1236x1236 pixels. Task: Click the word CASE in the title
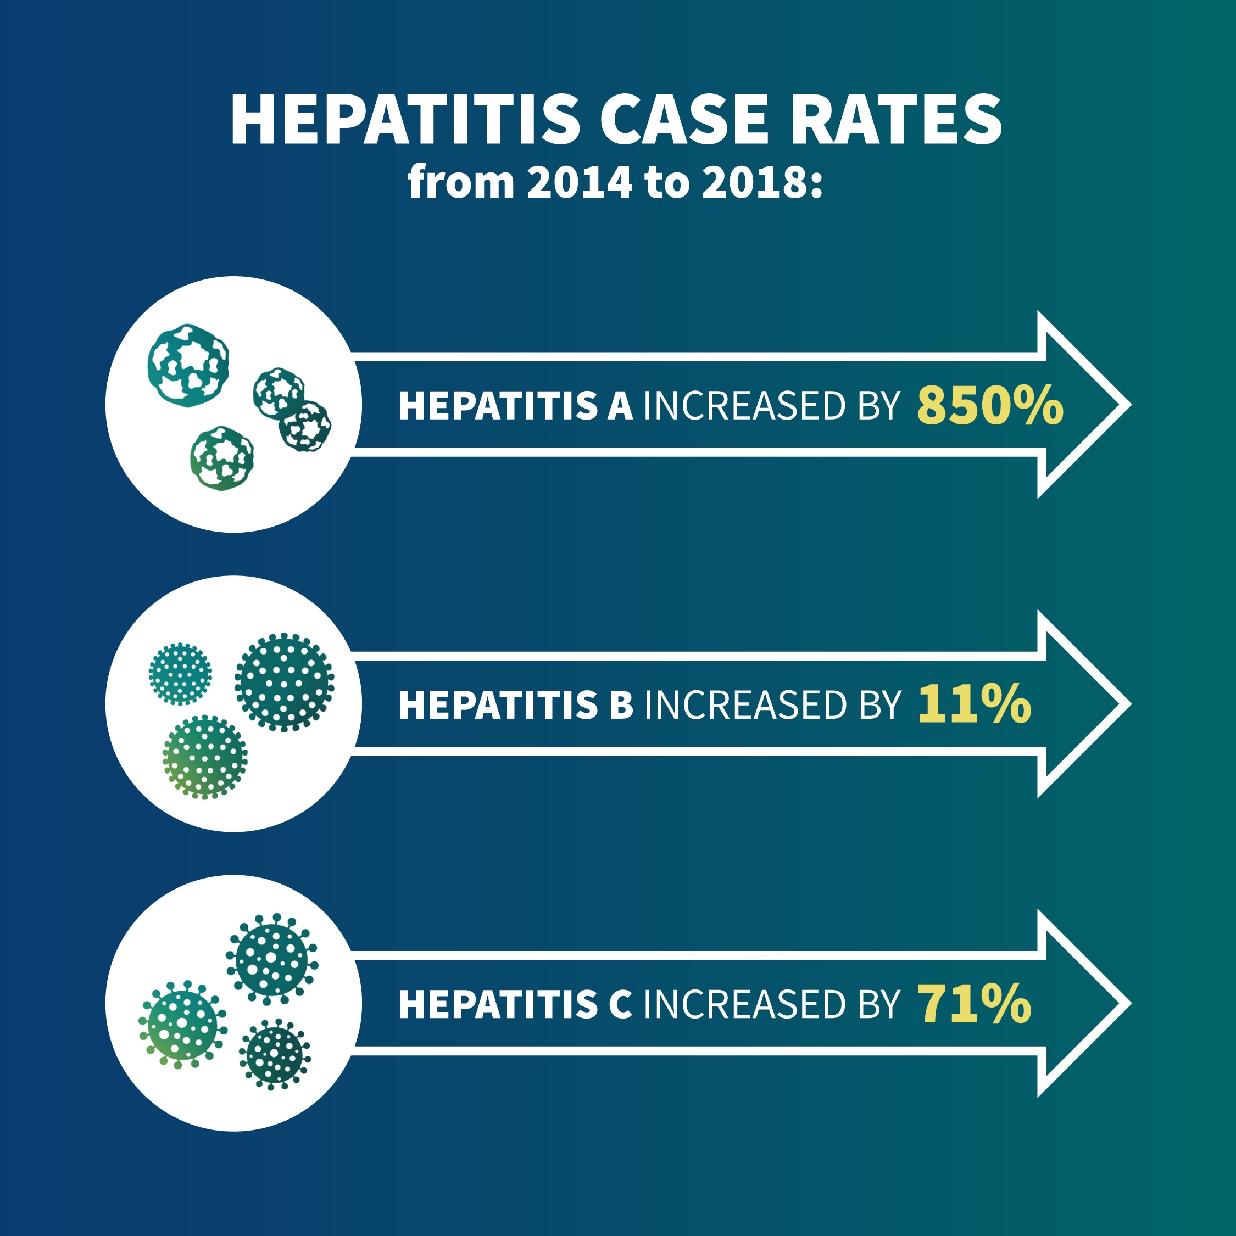tap(683, 120)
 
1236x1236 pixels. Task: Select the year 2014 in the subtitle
tap(580, 182)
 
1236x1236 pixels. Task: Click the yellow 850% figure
tap(989, 406)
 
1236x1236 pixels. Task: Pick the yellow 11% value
tap(973, 704)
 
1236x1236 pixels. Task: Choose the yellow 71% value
tap(973, 1004)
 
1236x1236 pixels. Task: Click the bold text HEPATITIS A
tap(515, 406)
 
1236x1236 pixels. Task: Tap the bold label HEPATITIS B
tap(515, 705)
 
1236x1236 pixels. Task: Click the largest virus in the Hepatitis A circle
tap(188, 365)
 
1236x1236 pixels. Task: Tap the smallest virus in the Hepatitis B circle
tap(180, 674)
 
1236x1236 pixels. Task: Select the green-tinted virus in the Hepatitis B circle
tap(205, 757)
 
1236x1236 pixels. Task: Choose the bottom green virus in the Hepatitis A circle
tap(221, 458)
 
